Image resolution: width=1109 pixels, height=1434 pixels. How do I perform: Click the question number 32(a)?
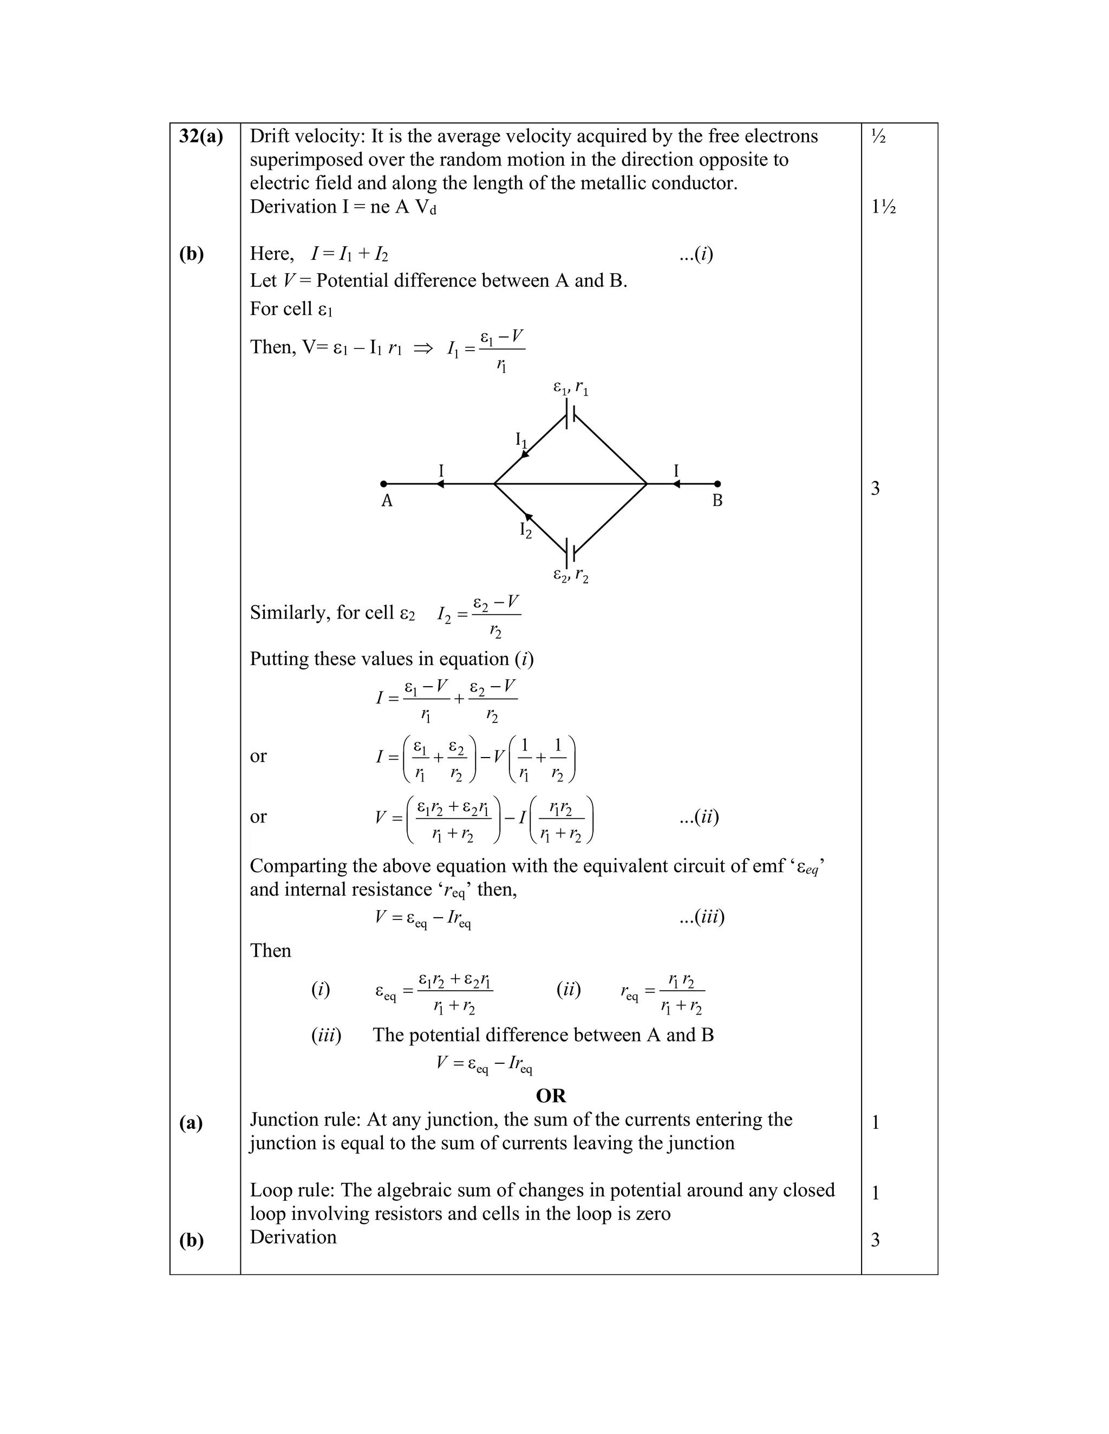[201, 136]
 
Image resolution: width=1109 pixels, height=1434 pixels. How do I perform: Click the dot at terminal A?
[384, 484]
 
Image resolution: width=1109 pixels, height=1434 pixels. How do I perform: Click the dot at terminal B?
[717, 484]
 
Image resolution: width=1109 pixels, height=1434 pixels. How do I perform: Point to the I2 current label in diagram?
[526, 529]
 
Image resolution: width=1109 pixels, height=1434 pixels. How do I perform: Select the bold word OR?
[551, 1095]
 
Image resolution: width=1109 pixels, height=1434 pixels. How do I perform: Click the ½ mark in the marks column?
[878, 136]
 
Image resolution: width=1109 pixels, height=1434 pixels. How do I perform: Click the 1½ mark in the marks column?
[884, 207]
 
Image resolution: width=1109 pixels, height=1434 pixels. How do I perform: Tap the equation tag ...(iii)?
[702, 917]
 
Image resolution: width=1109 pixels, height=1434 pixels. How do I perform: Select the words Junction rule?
[305, 1120]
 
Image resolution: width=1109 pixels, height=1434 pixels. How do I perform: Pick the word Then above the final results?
[270, 951]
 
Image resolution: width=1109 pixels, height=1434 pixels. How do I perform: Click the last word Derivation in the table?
[293, 1237]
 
